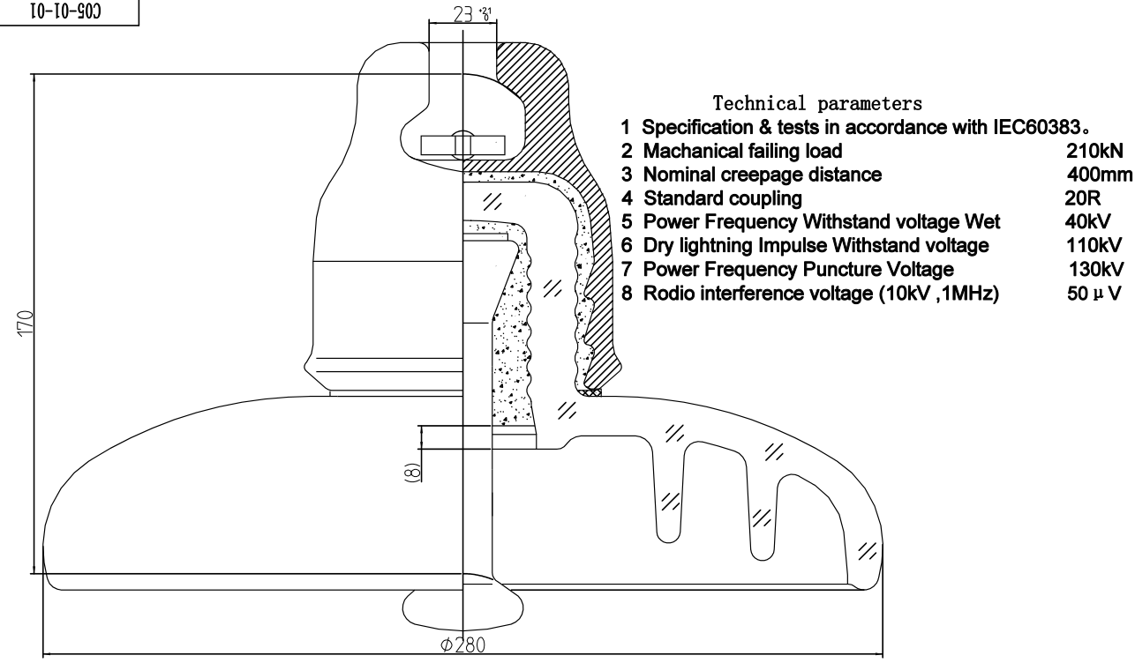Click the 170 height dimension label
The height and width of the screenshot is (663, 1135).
pos(25,323)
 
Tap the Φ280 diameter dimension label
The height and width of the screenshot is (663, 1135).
pos(462,644)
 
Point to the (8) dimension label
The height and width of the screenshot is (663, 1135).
pos(413,472)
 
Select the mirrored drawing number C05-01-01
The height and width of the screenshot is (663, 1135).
pos(66,11)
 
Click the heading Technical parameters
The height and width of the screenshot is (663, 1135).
pos(817,103)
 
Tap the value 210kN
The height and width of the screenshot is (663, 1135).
pos(1094,151)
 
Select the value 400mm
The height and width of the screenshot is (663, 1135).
pos(1100,175)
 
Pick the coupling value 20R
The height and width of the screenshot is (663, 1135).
pos(1083,197)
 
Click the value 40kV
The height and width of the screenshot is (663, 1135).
pos(1088,221)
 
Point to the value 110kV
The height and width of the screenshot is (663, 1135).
pos(1094,245)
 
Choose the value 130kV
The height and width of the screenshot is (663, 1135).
pos(1096,269)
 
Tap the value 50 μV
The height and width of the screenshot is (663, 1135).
pos(1094,294)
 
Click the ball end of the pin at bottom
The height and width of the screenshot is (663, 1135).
pos(462,609)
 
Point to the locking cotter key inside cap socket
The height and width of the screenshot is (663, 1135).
pos(462,145)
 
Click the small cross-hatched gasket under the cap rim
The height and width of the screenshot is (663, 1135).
pos(590,392)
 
